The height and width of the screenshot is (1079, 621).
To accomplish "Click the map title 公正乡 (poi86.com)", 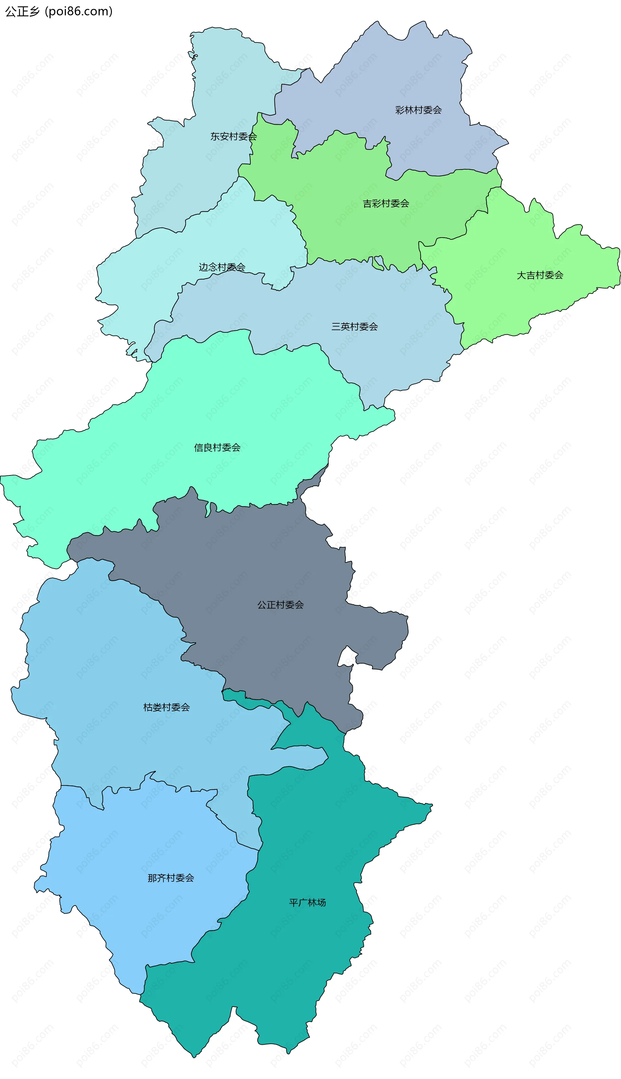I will tap(59, 11).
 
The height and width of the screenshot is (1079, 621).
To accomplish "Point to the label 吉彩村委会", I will tap(386, 204).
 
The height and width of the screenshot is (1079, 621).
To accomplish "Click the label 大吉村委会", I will tap(539, 275).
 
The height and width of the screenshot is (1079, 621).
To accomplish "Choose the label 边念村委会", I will tap(222, 267).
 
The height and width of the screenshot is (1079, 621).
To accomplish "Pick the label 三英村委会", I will tap(354, 327).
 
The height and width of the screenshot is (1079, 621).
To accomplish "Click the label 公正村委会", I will tap(280, 605).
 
